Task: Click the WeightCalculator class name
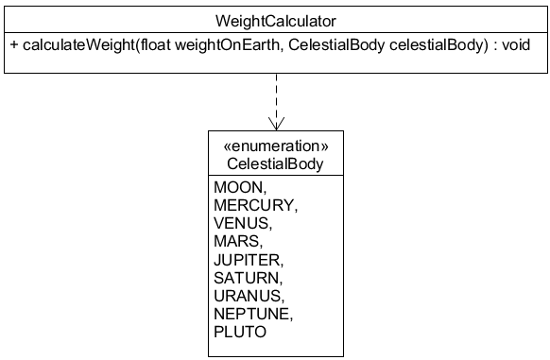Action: (275, 19)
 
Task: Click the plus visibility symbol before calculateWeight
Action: (14, 44)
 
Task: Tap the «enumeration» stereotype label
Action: (275, 146)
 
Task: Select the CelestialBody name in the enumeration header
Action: (275, 163)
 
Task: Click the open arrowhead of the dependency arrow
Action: (276, 124)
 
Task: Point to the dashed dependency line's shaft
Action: (276, 94)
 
